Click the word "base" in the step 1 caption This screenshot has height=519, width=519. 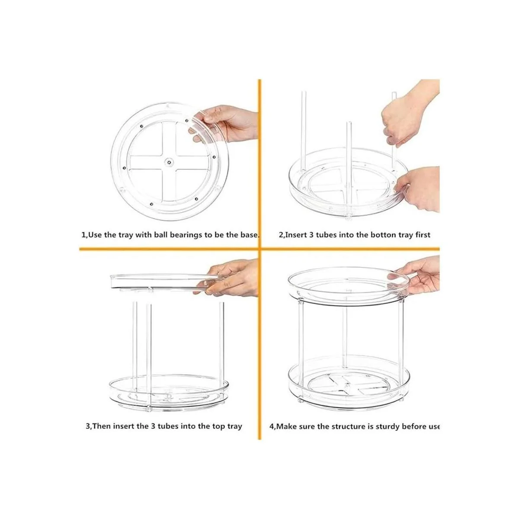[248, 235]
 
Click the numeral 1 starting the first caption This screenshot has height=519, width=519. [83, 235]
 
